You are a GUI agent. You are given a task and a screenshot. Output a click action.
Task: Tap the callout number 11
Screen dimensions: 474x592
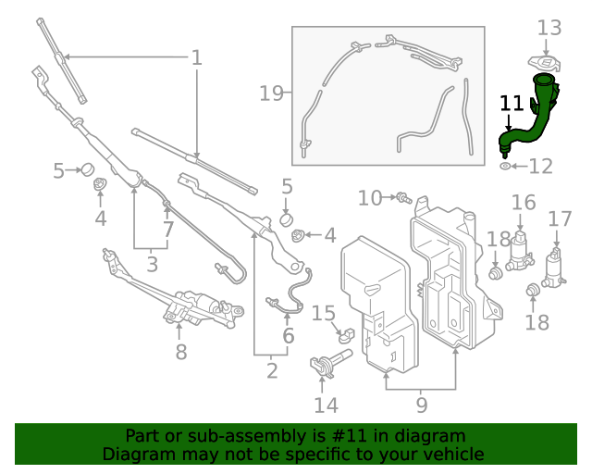512,103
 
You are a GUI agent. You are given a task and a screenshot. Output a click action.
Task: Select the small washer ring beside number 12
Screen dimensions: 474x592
505,167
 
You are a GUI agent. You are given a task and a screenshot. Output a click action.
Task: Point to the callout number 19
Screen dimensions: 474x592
270,93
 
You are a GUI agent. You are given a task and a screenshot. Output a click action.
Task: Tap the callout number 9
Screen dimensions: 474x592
421,404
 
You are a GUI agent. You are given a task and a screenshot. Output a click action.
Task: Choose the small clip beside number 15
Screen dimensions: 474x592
345,333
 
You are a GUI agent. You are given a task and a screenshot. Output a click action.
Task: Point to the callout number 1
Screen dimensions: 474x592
196,58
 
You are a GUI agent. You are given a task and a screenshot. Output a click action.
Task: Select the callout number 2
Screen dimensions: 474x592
271,370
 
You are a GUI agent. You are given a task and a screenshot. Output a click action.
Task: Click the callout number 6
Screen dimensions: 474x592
289,335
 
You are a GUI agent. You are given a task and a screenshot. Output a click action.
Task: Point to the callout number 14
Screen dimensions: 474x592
326,405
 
